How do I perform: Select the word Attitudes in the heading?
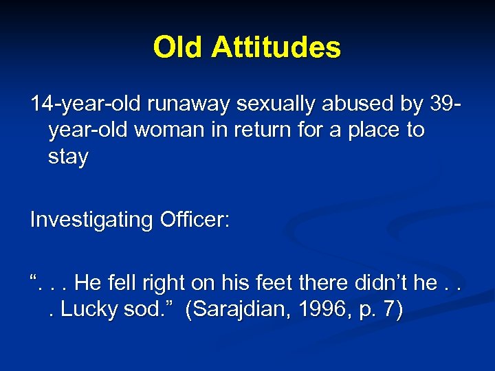click(x=276, y=47)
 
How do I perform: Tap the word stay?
click(x=68, y=157)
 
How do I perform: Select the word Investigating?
click(x=91, y=221)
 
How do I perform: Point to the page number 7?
click(x=389, y=309)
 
